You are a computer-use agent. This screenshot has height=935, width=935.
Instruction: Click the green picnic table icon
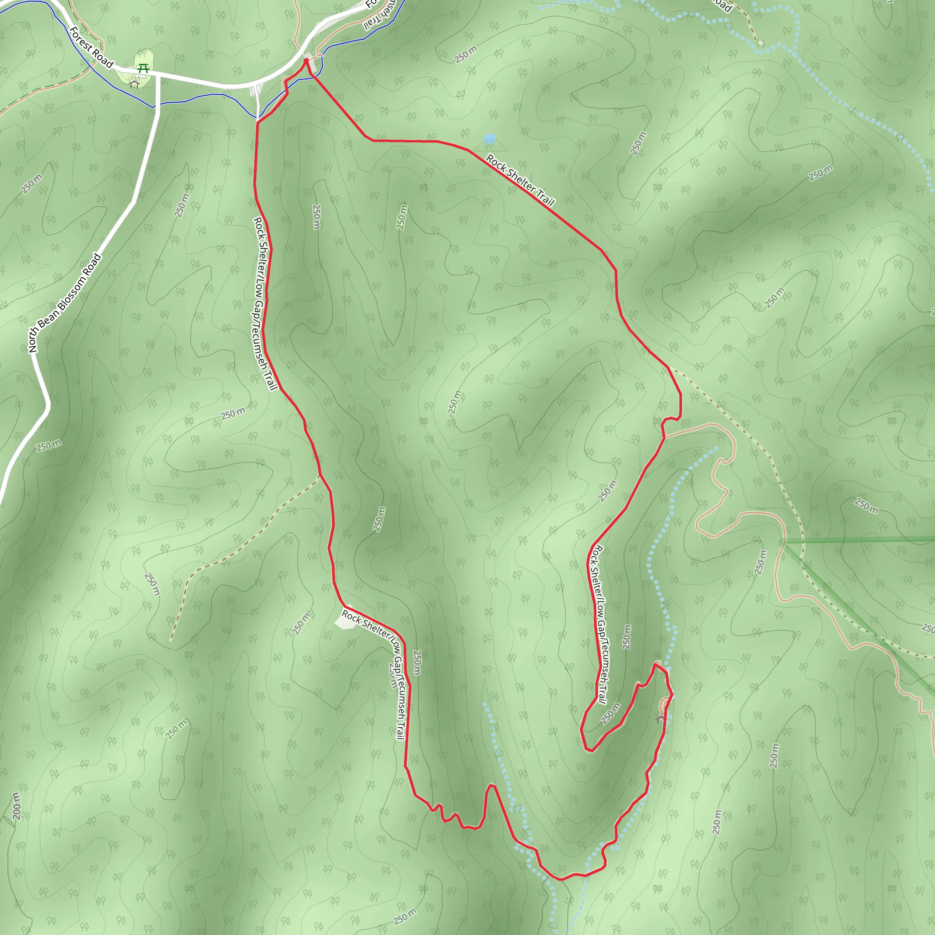click(143, 69)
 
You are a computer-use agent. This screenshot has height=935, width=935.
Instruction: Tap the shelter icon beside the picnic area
click(135, 84)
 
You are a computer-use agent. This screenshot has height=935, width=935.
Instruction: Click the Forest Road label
click(91, 47)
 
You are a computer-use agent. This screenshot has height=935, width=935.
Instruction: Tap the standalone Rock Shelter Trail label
click(519, 180)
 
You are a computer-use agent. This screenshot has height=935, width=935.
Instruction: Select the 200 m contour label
click(16, 806)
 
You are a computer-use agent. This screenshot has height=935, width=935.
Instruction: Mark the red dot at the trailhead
click(306, 61)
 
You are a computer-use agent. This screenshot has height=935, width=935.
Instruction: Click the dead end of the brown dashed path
click(171, 640)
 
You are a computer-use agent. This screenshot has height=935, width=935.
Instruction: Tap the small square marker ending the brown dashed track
click(761, 42)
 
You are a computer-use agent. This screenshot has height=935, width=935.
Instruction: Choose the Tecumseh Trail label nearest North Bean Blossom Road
click(264, 303)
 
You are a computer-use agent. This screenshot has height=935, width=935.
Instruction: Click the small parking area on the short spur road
click(256, 90)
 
